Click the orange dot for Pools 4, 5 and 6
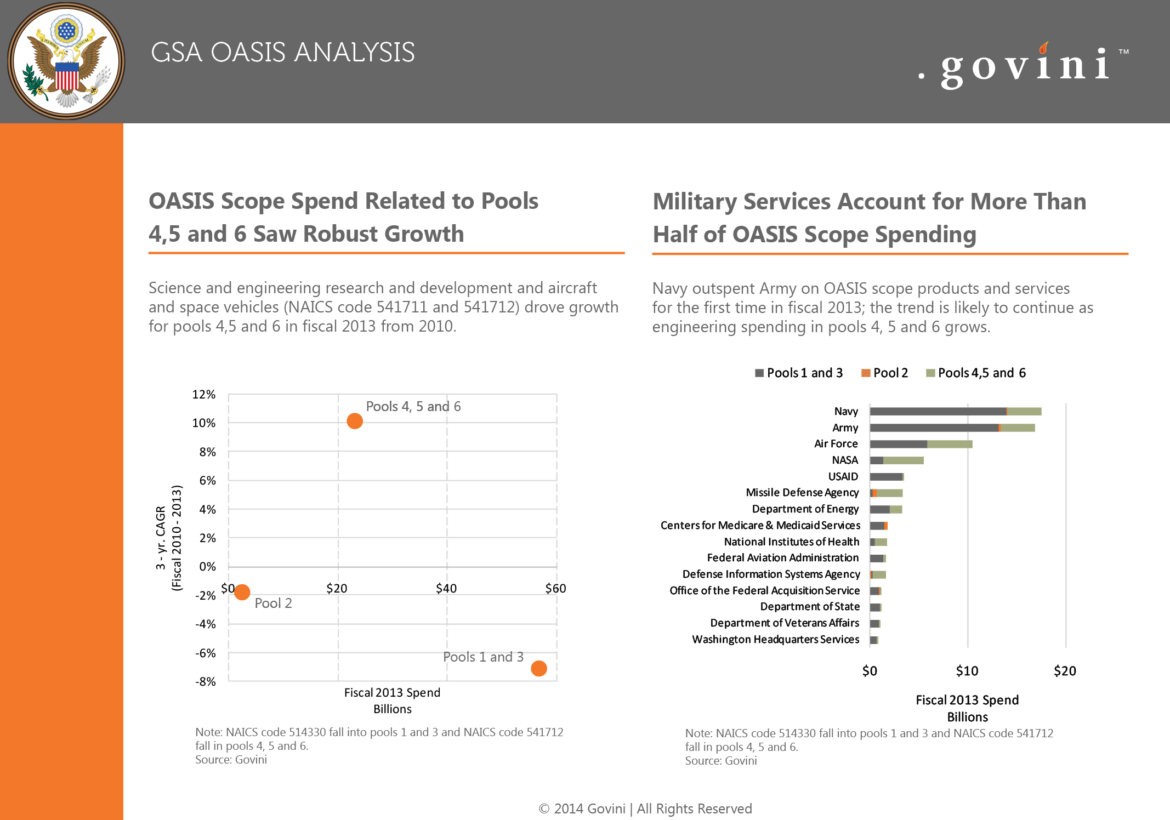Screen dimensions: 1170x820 355,421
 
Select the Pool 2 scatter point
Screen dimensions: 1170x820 242,592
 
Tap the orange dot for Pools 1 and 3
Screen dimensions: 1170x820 539,668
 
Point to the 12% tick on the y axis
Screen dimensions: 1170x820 204,395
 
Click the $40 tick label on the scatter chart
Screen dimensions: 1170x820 446,588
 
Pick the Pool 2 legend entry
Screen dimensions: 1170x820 884,373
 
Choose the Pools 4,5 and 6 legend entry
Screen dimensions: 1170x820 976,373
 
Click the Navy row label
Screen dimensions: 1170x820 846,411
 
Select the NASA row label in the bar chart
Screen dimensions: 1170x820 845,460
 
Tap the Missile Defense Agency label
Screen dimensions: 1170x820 802,493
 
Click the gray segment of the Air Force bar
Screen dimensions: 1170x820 899,444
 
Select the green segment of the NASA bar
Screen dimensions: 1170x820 904,460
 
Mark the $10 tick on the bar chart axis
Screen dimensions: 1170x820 967,671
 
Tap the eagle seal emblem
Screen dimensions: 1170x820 66,61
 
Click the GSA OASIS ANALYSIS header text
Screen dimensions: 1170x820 283,53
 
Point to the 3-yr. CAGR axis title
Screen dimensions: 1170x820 168,537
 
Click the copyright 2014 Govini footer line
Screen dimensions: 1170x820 645,808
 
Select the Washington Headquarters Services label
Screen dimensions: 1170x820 776,640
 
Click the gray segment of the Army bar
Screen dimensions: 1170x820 934,428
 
